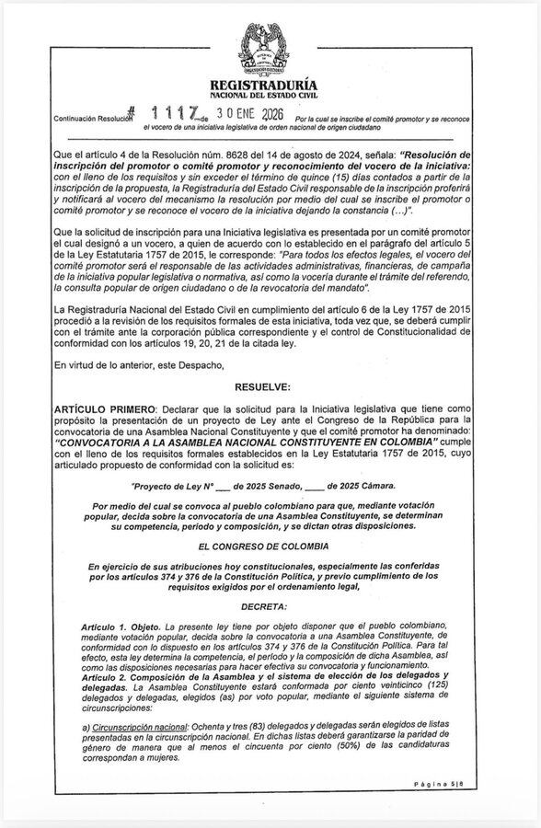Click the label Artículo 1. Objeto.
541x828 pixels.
point(119,625)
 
